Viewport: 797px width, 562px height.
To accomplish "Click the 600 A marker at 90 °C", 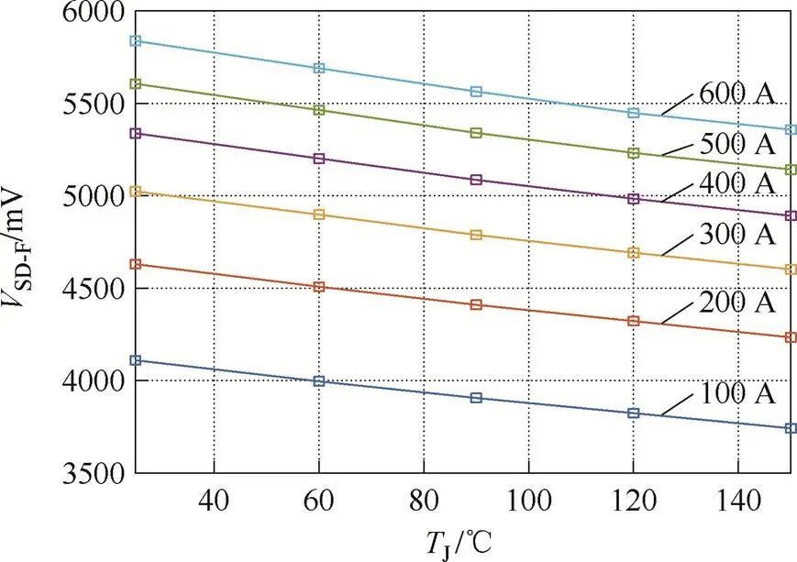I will (476, 92).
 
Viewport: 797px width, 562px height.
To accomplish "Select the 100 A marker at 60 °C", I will (319, 380).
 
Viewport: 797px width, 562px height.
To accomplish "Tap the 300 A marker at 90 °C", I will (476, 235).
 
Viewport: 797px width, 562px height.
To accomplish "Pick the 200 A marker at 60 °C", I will (319, 287).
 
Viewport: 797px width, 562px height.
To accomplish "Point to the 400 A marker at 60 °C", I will (319, 159).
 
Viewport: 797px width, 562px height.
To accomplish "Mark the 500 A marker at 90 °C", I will (476, 133).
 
